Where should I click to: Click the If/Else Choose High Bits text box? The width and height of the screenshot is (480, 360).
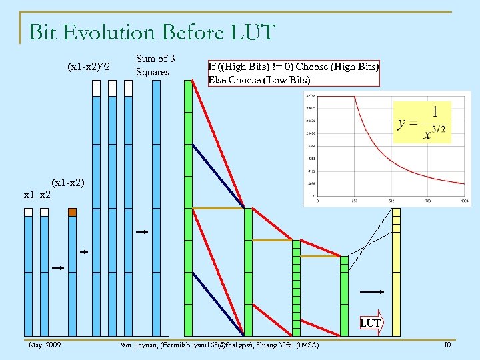point(293,73)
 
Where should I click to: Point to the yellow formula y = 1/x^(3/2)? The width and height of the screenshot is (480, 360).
point(422,123)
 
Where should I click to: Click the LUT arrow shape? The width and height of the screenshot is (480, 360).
point(371,323)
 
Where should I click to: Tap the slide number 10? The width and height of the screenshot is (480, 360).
point(447,345)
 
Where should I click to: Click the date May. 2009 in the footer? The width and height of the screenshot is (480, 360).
point(44,345)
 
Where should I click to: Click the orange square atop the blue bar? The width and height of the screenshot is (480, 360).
point(72,212)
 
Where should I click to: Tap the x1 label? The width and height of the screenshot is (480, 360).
point(29,195)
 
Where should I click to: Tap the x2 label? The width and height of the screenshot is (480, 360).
point(45,195)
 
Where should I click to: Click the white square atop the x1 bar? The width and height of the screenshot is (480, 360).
point(28,212)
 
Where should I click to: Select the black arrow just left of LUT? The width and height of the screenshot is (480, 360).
point(371,292)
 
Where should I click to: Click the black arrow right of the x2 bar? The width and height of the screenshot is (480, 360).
point(57,268)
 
